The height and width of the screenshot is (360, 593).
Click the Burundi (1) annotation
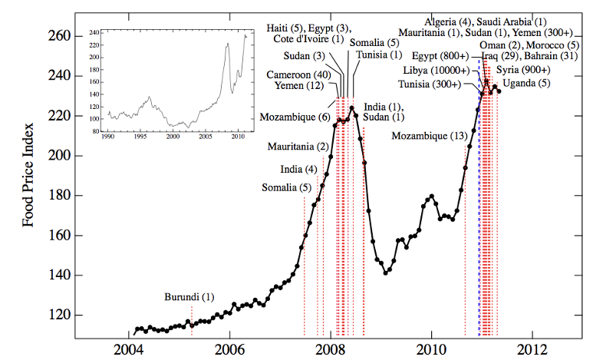tap(189, 297)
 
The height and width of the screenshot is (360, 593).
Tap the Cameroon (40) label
tap(299, 74)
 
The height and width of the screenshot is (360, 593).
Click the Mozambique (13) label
tap(430, 136)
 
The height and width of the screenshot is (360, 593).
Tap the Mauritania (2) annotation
tap(298, 147)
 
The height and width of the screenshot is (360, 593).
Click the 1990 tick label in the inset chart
tap(108, 137)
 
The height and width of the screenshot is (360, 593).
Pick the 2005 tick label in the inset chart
tap(205, 137)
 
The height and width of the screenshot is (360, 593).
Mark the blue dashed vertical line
tap(479, 230)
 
